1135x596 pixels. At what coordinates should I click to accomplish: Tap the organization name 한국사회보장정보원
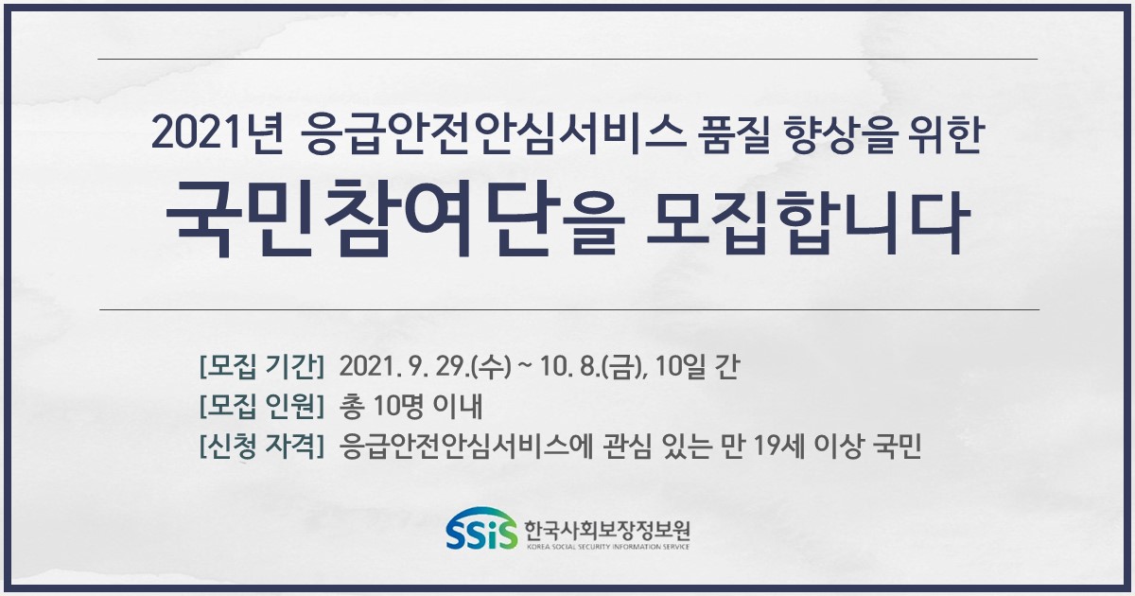[x=607, y=530]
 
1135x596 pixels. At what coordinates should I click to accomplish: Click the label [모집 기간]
[x=262, y=366]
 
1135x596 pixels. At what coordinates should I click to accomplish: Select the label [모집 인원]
[x=262, y=407]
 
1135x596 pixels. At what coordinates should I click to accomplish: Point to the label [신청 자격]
[x=262, y=446]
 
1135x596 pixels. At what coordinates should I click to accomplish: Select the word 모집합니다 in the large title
[x=809, y=222]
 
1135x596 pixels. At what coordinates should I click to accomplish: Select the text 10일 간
[x=697, y=366]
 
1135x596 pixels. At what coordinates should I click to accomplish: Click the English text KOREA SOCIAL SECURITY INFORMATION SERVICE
[x=607, y=547]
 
